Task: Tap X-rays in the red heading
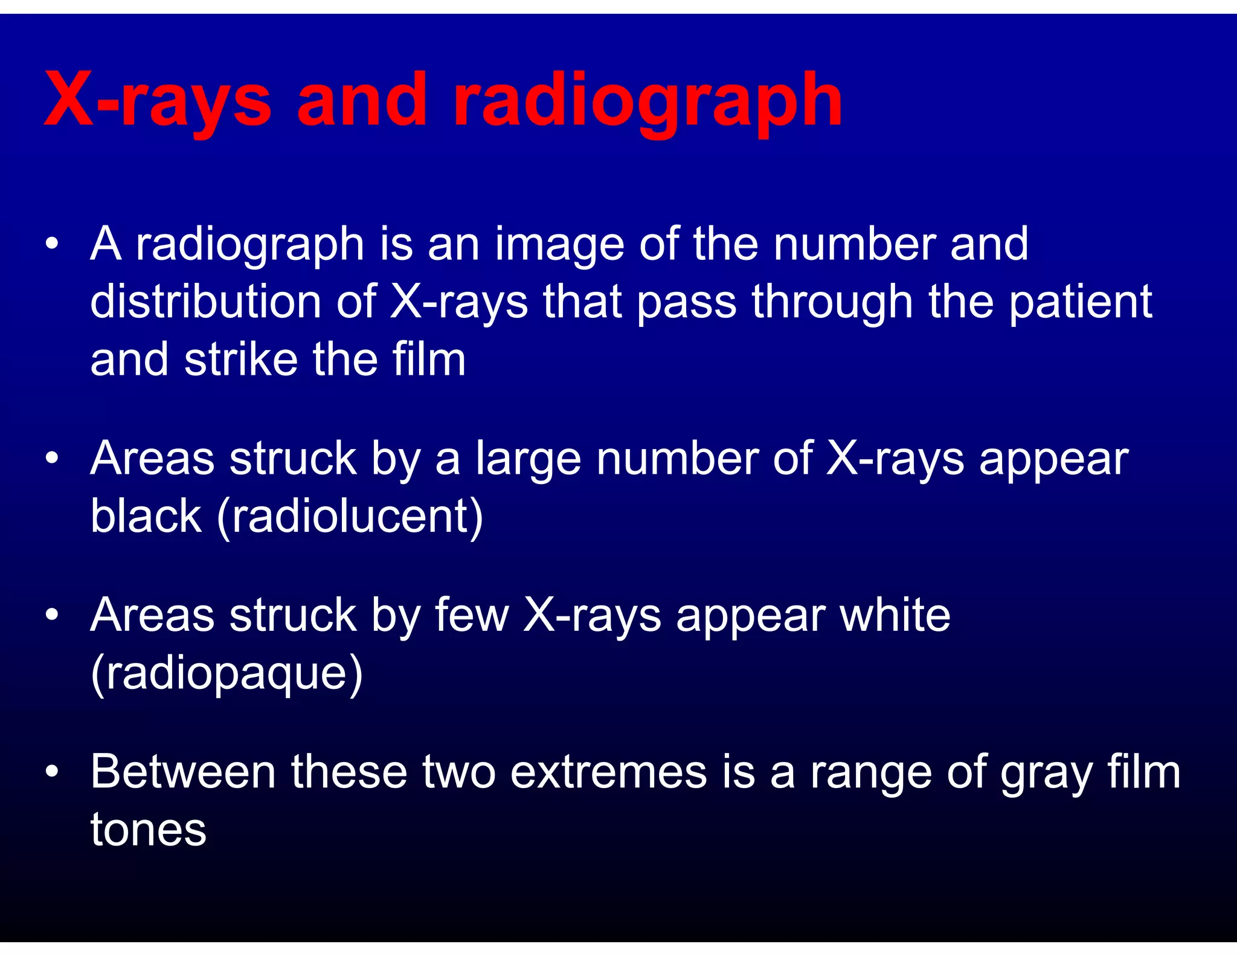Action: coord(158,100)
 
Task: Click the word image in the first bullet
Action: coord(559,245)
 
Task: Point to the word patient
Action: coord(1081,302)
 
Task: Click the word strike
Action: coord(241,360)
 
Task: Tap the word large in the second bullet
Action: coord(528,459)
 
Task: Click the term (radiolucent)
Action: coord(350,517)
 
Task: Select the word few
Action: coord(472,615)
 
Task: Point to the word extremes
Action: coord(608,772)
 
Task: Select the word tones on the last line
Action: coord(149,830)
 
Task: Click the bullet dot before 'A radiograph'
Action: coord(52,244)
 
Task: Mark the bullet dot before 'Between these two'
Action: coord(52,772)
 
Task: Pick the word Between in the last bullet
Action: coord(183,772)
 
